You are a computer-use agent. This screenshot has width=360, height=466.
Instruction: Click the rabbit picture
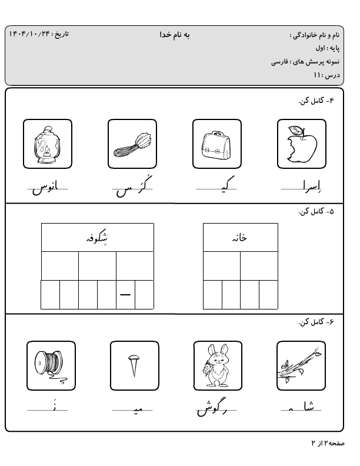[218, 365]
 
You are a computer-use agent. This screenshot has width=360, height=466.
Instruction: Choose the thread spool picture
[51, 365]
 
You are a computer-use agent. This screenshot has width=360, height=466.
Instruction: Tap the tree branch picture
[301, 365]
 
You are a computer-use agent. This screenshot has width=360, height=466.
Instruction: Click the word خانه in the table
[240, 238]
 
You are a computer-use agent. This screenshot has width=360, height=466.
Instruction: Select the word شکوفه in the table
[98, 238]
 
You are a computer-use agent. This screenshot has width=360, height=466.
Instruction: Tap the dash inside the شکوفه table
[125, 295]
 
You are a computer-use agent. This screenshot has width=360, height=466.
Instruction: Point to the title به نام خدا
[175, 35]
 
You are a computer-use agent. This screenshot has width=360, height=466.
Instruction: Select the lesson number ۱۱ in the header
[318, 75]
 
